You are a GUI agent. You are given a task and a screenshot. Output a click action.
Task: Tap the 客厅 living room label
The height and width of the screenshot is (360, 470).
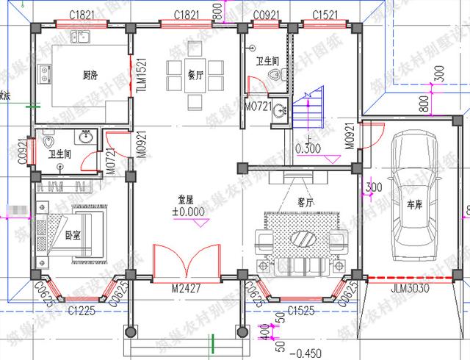point(286,200)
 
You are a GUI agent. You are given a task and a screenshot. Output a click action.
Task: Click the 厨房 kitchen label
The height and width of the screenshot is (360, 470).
point(91,75)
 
